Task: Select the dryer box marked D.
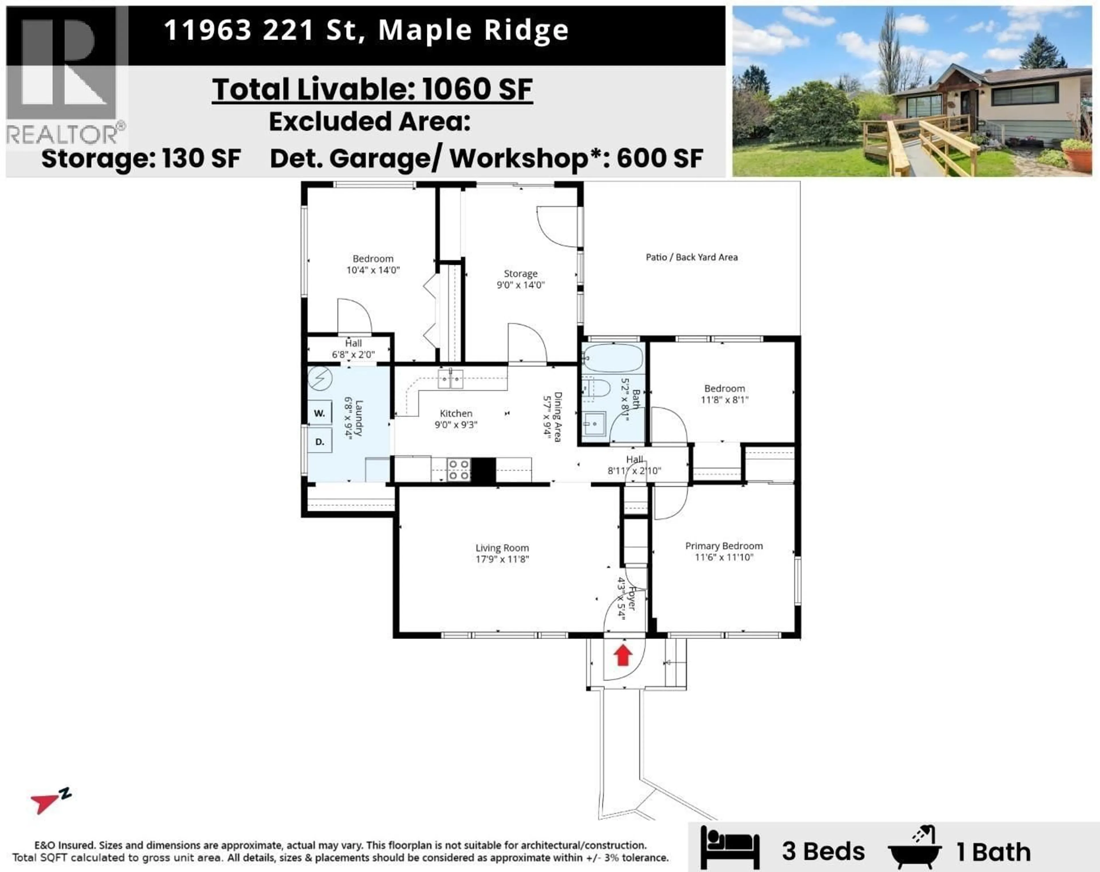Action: click(319, 441)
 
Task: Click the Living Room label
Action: click(502, 548)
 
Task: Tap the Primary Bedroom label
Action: click(724, 546)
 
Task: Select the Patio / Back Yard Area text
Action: click(691, 257)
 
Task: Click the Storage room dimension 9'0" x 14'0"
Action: click(520, 285)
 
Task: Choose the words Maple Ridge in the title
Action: click(474, 31)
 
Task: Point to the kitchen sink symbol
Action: click(451, 379)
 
